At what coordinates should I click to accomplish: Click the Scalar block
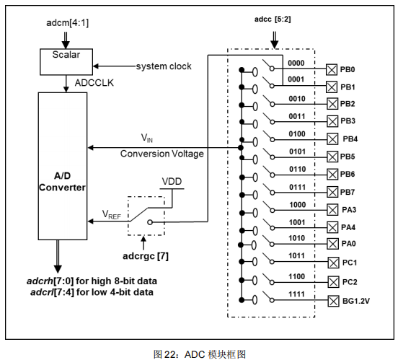click(66, 62)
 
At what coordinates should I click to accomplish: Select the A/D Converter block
click(63, 166)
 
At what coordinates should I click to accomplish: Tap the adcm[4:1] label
click(68, 23)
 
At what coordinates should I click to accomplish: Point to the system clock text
click(164, 66)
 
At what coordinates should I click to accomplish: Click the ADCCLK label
click(94, 83)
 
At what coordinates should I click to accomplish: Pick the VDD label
click(172, 181)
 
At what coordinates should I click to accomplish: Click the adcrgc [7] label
click(146, 256)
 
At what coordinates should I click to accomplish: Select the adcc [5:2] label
click(273, 19)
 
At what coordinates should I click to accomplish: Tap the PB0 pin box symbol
click(332, 69)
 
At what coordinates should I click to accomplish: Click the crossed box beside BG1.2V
click(334, 301)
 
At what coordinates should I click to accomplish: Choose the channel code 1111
click(296, 294)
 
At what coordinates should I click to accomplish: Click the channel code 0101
click(297, 152)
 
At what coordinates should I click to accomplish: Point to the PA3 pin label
click(349, 210)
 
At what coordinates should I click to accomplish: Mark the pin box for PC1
click(334, 263)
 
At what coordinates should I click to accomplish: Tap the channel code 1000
click(298, 205)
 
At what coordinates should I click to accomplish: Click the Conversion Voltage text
click(162, 154)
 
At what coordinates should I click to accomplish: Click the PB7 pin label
click(348, 192)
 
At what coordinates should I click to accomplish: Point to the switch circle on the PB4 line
click(273, 140)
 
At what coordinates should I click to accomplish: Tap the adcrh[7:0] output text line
click(92, 281)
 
